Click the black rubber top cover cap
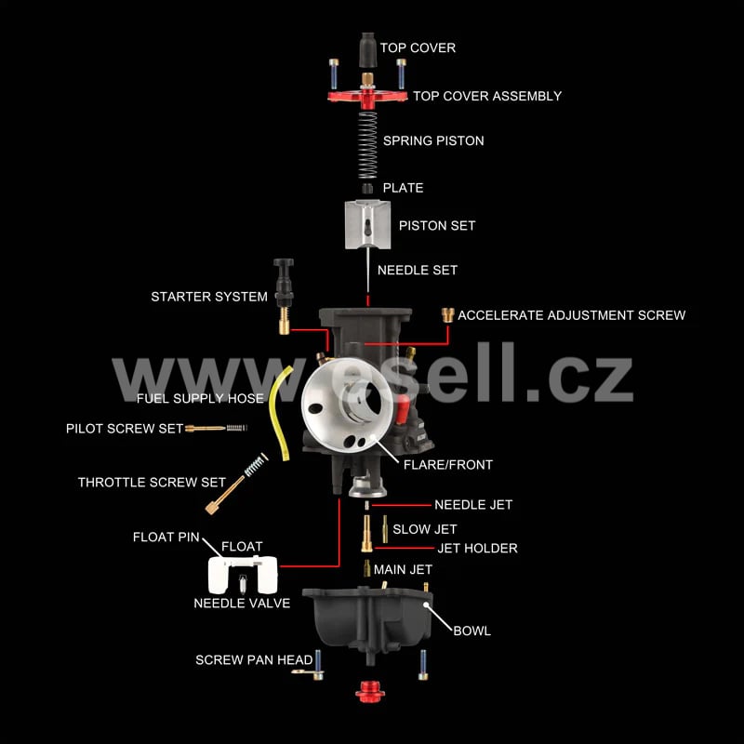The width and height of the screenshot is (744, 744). (367, 50)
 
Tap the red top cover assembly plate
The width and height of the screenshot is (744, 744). (367, 98)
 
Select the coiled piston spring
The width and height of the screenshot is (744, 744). (367, 145)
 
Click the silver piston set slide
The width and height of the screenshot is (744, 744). (367, 224)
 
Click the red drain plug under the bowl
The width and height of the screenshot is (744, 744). (370, 692)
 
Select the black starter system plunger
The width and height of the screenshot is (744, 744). (284, 283)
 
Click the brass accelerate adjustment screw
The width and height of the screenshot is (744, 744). (447, 315)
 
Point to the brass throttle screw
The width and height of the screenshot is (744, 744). (226, 496)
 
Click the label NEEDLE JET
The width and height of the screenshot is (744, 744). (473, 504)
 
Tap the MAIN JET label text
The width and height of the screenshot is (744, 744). (403, 569)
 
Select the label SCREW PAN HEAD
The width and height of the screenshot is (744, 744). (254, 659)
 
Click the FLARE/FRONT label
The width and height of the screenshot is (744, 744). (448, 464)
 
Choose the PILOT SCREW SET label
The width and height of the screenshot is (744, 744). (125, 429)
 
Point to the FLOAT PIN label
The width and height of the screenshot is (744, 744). (166, 537)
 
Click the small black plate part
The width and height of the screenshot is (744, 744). (367, 189)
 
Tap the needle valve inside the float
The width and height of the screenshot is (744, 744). (243, 584)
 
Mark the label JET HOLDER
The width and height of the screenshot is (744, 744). (477, 548)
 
